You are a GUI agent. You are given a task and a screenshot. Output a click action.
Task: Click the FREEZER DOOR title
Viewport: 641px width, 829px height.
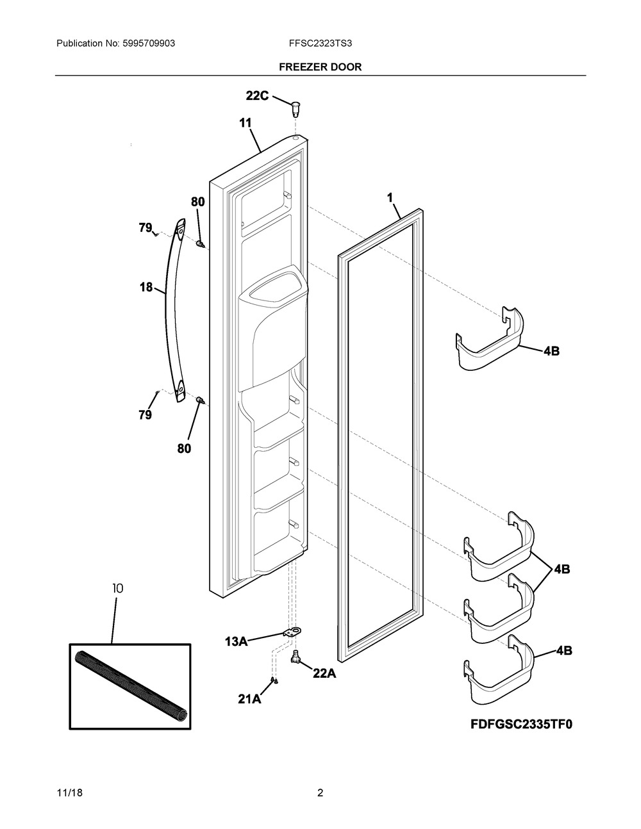(320, 67)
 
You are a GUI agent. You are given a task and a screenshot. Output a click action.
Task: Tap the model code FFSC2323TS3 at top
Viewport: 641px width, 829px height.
(320, 44)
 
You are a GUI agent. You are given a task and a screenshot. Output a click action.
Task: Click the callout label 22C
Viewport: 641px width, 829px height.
(257, 95)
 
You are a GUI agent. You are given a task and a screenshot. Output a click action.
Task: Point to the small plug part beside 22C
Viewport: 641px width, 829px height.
(296, 107)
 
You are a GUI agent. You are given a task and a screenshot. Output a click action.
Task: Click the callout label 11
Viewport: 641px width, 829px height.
(246, 122)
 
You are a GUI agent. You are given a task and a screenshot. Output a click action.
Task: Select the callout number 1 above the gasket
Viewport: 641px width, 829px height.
(390, 198)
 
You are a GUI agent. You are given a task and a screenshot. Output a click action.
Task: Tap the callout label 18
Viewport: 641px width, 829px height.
(146, 287)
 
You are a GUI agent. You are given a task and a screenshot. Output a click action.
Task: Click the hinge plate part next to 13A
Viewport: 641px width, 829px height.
(292, 633)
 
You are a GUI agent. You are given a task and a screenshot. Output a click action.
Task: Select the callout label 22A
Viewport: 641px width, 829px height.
(324, 673)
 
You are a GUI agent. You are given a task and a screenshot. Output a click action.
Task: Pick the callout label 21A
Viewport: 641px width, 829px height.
(249, 700)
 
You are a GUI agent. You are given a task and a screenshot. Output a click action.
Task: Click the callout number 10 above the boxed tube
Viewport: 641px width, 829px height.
(117, 587)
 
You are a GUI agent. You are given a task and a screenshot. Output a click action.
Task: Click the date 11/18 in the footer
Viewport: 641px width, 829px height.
(69, 793)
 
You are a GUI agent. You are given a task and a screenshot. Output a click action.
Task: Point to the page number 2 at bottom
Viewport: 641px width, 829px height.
(320, 793)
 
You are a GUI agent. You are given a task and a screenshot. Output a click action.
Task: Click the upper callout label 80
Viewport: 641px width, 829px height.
(197, 202)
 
